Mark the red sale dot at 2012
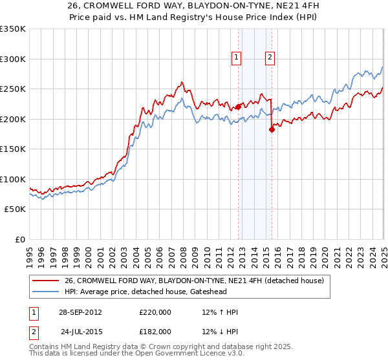tap(238, 107)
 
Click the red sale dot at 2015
tap(272, 130)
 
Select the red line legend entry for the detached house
tap(198, 280)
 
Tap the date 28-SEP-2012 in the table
tap(80, 312)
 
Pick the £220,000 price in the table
tap(155, 312)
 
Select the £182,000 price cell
tap(155, 333)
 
